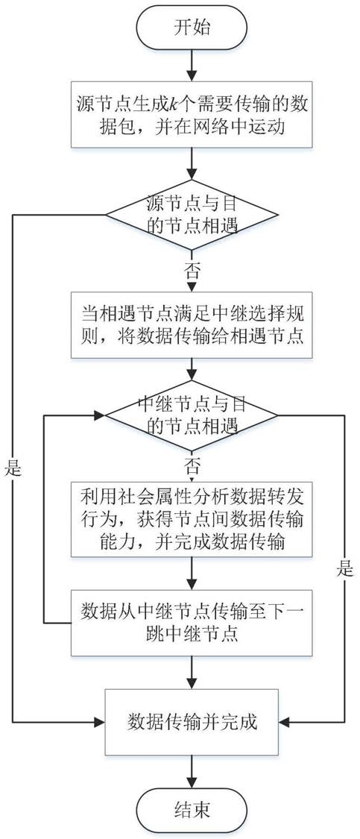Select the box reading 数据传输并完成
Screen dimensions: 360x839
(192, 723)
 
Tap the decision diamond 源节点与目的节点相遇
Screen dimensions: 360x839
(192, 215)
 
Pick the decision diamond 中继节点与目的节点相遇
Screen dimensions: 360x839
(192, 415)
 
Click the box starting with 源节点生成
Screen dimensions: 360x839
(192, 114)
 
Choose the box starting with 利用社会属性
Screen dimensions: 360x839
(192, 518)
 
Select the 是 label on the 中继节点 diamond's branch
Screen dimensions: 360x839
(345, 569)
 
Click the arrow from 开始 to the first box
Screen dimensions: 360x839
(192, 64)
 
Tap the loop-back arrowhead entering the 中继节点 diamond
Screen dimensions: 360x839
(100, 415)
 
